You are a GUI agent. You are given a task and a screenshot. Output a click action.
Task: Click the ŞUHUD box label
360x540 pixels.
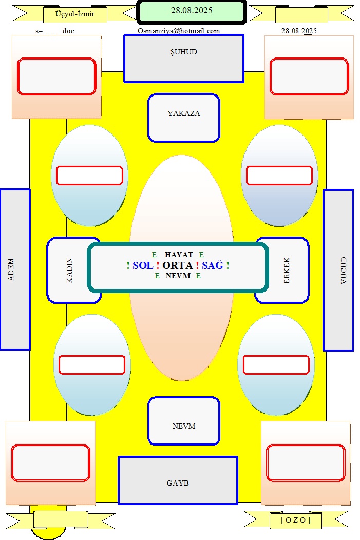coord(184,52)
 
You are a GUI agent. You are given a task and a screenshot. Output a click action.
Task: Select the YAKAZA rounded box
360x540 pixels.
coord(184,118)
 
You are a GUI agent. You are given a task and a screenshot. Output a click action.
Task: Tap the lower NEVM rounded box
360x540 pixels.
coord(184,421)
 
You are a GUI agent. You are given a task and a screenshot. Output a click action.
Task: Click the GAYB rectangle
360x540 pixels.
coord(178,480)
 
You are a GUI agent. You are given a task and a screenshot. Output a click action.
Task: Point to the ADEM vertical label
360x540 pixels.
coord(11,269)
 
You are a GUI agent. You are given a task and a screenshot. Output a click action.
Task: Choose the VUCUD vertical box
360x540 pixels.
coord(338,270)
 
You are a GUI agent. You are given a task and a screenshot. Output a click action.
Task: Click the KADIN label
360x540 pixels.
coord(69,271)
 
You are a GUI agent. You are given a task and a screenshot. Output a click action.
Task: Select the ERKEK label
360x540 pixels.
coord(287,271)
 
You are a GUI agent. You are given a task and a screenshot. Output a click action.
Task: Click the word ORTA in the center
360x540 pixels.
coord(177,265)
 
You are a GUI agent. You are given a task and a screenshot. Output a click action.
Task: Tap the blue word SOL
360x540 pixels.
coord(143,265)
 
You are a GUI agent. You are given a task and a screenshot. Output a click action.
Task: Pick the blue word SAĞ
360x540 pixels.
coord(213,265)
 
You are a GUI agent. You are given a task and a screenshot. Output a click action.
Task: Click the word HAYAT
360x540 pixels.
coord(179,255)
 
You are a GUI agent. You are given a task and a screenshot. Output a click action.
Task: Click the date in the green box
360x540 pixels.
coord(192,10)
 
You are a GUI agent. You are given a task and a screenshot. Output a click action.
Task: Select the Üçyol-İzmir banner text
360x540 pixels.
coord(75,14)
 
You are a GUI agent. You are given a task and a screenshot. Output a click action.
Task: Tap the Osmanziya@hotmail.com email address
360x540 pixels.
coord(179,31)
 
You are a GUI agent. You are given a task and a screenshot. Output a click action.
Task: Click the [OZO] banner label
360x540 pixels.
coord(296,519)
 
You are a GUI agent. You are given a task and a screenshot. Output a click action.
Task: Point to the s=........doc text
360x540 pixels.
coord(55,31)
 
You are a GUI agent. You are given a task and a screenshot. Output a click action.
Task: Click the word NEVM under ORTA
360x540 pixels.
coord(178,276)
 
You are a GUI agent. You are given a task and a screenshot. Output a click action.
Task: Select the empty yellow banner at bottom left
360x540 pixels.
coord(61,519)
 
